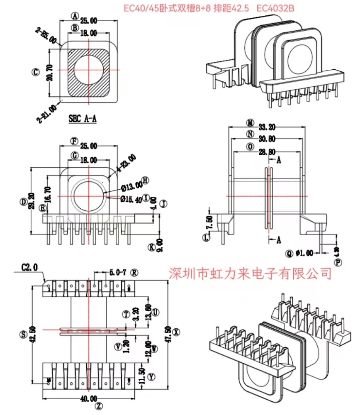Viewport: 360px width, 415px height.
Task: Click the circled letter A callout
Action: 75,16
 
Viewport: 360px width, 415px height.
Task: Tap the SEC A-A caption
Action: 83,119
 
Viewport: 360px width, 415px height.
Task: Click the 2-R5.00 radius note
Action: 46,35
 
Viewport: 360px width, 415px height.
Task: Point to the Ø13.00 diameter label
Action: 131,188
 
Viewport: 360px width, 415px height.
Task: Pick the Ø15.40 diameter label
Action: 131,199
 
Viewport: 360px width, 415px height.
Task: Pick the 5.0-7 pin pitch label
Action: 118,273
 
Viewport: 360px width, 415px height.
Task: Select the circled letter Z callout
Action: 98,406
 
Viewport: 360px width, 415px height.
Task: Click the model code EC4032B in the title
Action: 275,8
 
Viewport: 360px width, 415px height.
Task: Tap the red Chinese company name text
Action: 251,273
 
